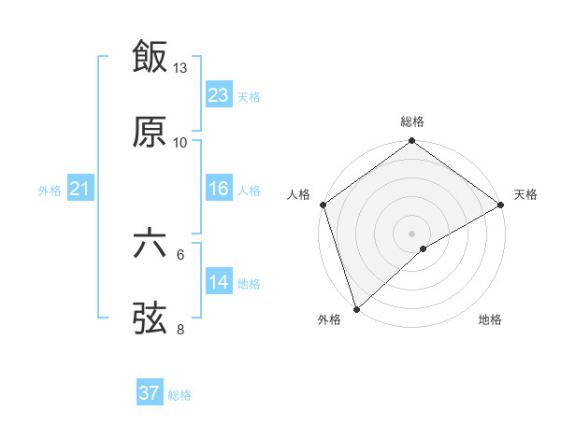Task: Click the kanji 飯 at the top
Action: click(x=151, y=57)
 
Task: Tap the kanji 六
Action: click(x=151, y=245)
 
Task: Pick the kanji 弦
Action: click(x=151, y=319)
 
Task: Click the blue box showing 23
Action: click(x=219, y=94)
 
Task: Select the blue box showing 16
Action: click(x=219, y=189)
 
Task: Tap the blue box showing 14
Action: click(x=219, y=282)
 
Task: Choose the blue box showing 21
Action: click(x=79, y=190)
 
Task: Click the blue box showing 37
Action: click(x=150, y=393)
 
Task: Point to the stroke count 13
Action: click(x=180, y=68)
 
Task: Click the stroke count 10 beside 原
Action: click(x=180, y=142)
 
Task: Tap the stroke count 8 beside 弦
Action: click(x=180, y=329)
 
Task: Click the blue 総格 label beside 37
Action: click(x=180, y=395)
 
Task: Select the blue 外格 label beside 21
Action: click(x=50, y=191)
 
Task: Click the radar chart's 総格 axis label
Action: click(x=412, y=121)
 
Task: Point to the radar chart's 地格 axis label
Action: click(x=490, y=320)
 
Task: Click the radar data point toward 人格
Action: click(x=324, y=205)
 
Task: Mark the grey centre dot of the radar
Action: click(x=412, y=233)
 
